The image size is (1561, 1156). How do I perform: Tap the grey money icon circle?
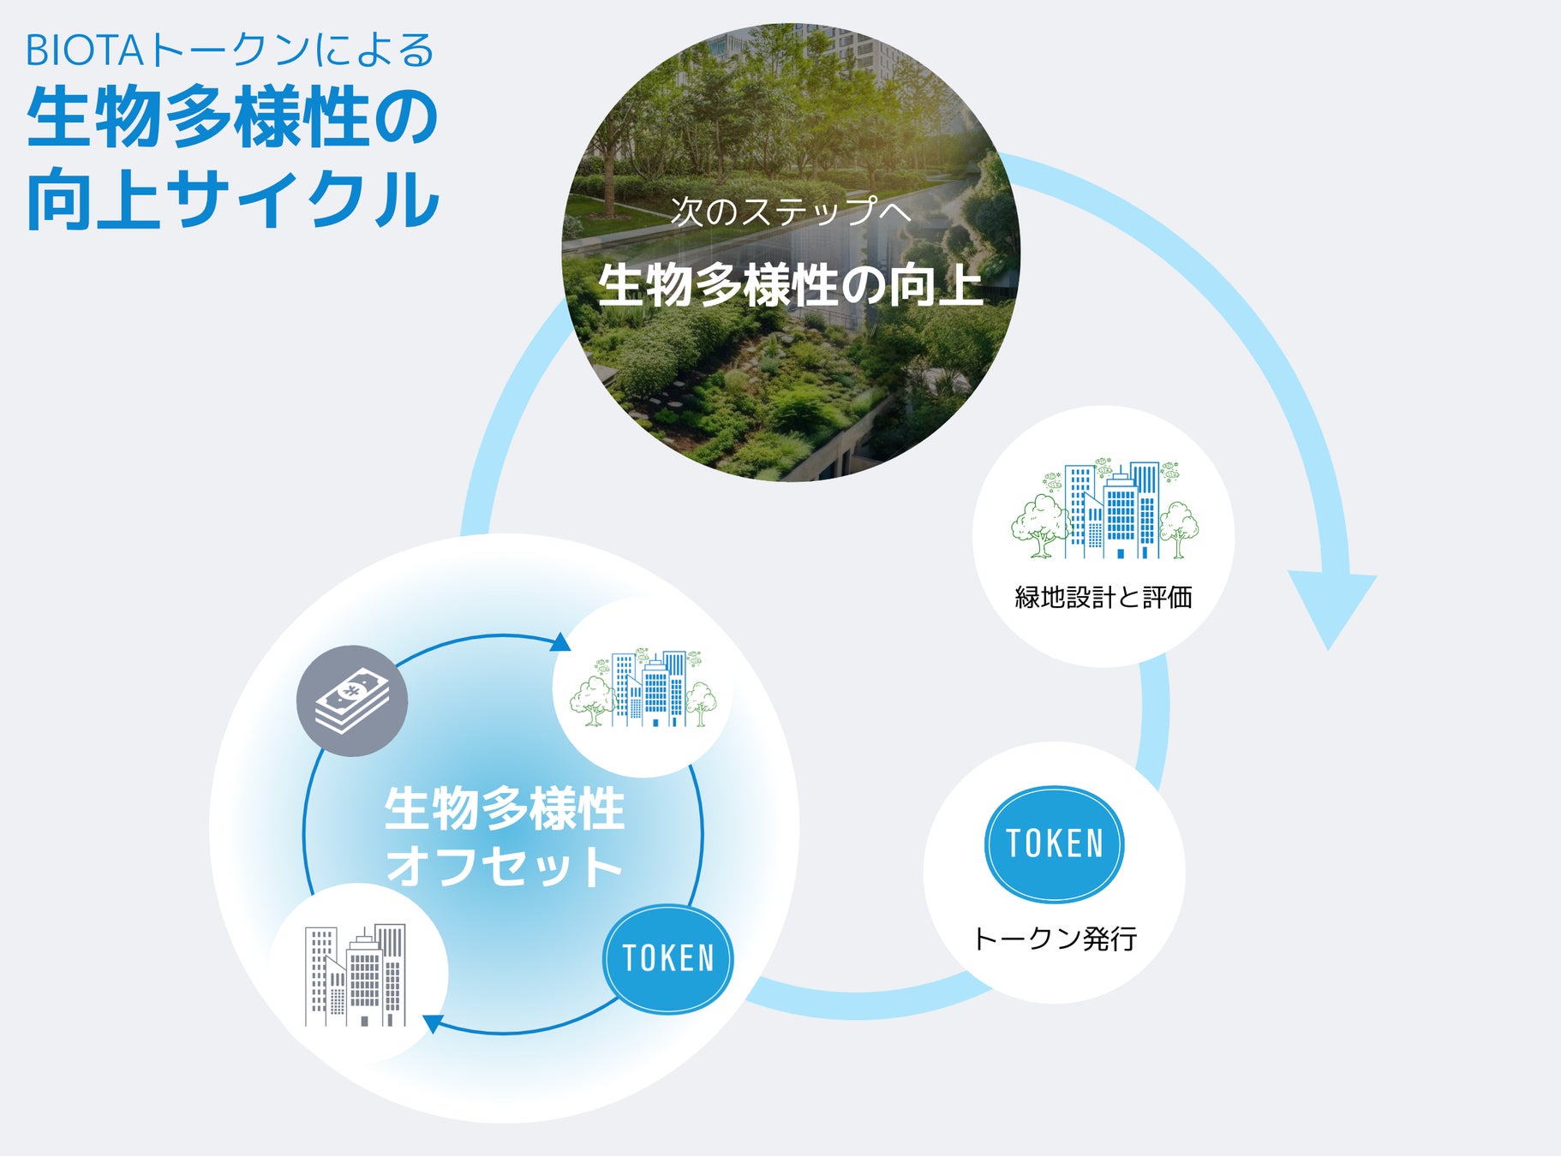click(352, 700)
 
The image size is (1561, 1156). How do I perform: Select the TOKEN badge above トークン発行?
click(1054, 844)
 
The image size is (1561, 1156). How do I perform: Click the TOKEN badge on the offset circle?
click(668, 958)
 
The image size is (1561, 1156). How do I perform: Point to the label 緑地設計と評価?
click(1103, 598)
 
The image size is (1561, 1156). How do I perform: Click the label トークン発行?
click(1055, 939)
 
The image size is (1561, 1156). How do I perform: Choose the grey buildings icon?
click(356, 975)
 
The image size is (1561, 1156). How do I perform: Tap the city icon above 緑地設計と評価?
click(1104, 510)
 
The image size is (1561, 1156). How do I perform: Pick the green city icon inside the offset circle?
click(643, 688)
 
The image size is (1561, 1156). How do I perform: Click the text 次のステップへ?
click(790, 211)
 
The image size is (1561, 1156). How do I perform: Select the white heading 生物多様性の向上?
click(790, 285)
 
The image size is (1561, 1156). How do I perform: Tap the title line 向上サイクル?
click(233, 200)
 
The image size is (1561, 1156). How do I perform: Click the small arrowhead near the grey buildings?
click(433, 1023)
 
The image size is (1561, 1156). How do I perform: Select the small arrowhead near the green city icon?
click(560, 642)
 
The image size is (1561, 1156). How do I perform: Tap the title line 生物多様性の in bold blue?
click(233, 117)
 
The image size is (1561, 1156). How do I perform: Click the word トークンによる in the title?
click(291, 51)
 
